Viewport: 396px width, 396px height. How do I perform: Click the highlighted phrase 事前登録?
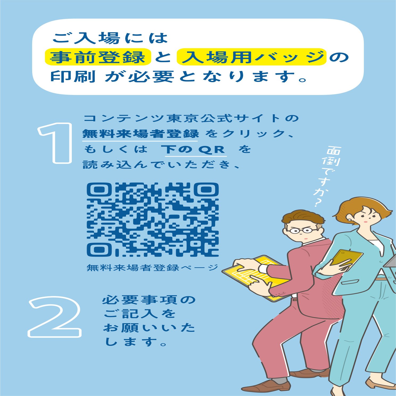pos(98,57)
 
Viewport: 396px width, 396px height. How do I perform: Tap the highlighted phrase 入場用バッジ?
pos(252,57)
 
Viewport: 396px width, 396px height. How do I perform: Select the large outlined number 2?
pos(55,317)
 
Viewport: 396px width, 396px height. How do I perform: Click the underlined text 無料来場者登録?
pos(140,134)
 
